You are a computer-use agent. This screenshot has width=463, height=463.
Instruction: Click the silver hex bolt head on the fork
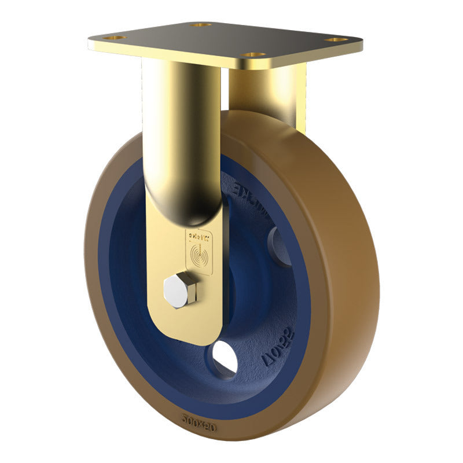[x=176, y=289]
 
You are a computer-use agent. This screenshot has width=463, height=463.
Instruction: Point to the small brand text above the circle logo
[x=196, y=236]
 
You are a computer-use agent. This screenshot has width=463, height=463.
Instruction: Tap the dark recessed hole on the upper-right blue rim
[x=280, y=246]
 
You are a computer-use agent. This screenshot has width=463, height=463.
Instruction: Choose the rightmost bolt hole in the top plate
[x=337, y=40]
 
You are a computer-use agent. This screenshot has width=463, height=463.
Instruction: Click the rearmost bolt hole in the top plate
[x=200, y=25]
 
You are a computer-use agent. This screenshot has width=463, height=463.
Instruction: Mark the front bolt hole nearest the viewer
[x=252, y=55]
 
